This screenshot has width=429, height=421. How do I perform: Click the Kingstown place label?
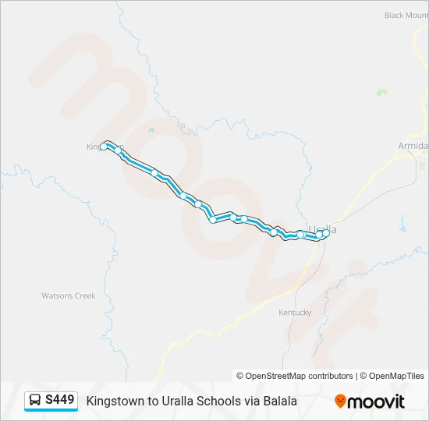tap(96, 146)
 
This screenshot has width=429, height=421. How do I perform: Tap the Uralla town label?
tap(322, 229)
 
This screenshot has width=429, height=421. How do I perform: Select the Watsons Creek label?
tap(68, 295)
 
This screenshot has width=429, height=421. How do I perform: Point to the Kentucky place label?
tap(295, 313)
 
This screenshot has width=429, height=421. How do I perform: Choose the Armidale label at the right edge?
tap(413, 146)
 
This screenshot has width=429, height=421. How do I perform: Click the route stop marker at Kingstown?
tap(104, 146)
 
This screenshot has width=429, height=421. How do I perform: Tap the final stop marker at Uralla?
tap(325, 232)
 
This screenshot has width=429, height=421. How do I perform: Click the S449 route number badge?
tap(60, 400)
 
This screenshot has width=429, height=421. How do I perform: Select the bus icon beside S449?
tap(35, 401)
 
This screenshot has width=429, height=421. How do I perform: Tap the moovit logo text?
tap(376, 401)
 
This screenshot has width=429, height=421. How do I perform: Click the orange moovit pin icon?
tap(340, 401)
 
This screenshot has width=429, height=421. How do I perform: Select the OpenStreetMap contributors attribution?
tap(295, 376)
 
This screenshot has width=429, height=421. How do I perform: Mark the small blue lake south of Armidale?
tap(402, 228)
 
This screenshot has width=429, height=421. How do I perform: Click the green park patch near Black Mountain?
tap(381, 92)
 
